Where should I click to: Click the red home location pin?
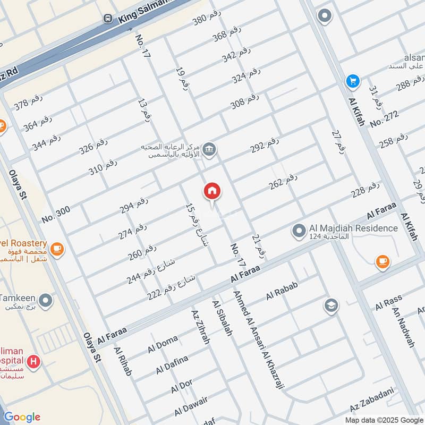tap(212, 191)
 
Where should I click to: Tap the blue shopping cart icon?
tap(353, 81)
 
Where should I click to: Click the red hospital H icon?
tap(35, 362)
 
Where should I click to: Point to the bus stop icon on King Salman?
tap(108, 19)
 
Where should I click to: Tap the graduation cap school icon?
tap(331, 306)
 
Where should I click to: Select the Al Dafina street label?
tap(172, 364)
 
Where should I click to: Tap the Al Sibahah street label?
tap(222, 319)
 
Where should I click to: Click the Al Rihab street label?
tap(122, 362)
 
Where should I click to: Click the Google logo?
tap(22, 416)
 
